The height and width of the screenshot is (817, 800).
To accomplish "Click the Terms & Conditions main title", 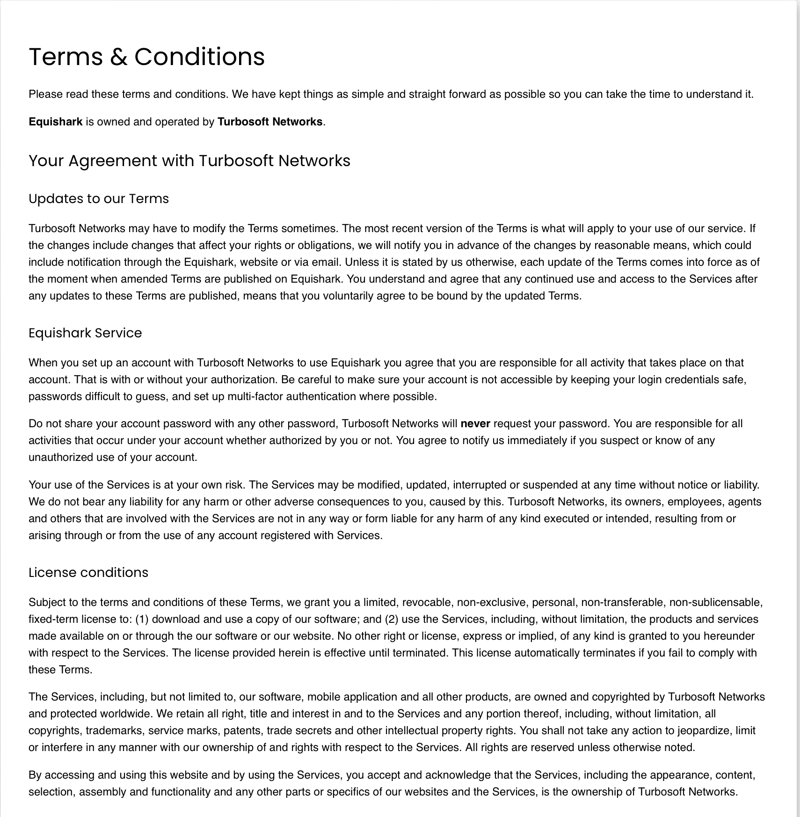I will point(146,57).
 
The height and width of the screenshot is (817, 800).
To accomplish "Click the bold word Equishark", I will point(55,122).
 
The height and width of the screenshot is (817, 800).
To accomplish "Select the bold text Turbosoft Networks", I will point(270,122).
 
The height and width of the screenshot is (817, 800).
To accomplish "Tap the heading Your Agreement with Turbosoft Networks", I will point(189,160).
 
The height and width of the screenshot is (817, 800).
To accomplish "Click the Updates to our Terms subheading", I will point(98,198).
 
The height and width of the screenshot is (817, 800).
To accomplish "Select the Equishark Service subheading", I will point(85,333).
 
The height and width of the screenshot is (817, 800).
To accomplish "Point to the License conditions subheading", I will point(88,572).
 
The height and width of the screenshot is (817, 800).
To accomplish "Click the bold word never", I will point(475,423).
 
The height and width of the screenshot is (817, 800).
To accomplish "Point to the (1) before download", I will point(142,619).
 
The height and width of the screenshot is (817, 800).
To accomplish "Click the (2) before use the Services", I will point(392,619).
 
